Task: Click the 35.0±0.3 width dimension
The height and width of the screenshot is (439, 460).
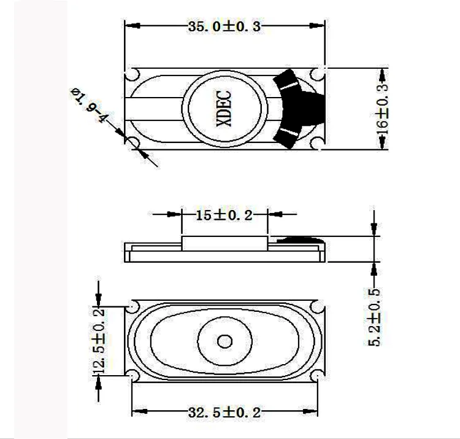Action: (224, 26)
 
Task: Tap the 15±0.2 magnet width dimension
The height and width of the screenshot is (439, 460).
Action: (224, 215)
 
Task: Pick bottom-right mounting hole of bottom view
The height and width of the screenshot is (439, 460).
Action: (316, 376)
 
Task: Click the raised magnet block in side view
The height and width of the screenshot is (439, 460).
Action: (224, 241)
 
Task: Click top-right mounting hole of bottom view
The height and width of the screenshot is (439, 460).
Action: (316, 306)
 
